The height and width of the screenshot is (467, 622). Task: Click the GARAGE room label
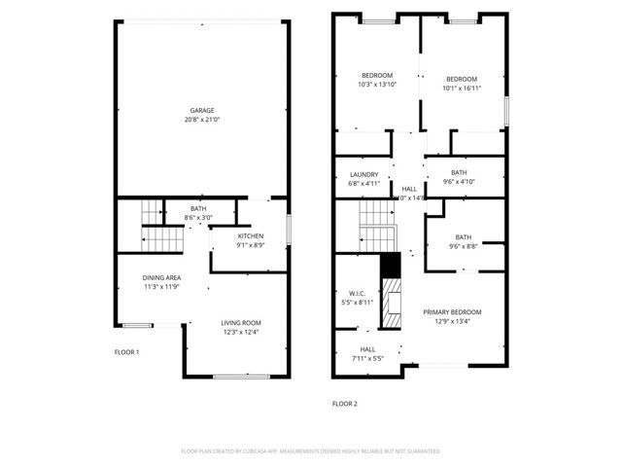202,110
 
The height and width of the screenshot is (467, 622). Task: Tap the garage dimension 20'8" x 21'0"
202,120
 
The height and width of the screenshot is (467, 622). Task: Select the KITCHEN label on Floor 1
251,236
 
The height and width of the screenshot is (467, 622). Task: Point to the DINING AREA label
162,277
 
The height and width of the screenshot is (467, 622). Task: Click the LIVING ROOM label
240,323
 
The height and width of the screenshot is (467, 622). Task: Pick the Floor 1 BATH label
198,209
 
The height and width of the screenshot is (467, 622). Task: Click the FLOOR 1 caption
127,351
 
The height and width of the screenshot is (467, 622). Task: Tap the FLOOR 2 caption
345,403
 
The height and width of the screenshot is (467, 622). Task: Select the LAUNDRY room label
363,174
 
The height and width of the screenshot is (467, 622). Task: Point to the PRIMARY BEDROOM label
452,312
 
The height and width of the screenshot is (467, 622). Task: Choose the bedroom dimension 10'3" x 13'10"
377,85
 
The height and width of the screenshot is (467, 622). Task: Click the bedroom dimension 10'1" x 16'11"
462,89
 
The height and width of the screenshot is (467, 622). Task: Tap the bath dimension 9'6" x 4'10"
460,181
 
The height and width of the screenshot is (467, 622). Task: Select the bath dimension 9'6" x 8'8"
463,247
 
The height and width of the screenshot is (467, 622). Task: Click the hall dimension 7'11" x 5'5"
367,358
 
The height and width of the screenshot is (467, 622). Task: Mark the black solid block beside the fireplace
390,266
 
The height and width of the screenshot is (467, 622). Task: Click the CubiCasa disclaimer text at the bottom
311,451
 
